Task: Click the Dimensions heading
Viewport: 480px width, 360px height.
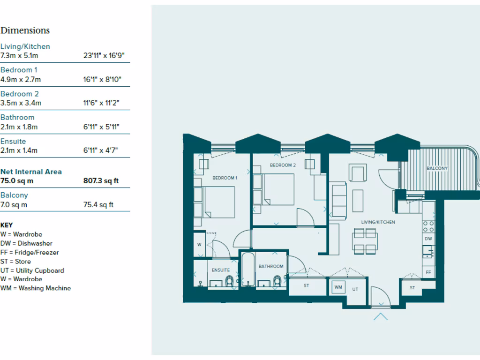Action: coord(25,30)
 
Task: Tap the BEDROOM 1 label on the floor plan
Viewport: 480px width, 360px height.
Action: coord(225,178)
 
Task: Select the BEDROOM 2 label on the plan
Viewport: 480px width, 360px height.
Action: coord(283,165)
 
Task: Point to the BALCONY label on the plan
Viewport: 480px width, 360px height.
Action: coord(437,168)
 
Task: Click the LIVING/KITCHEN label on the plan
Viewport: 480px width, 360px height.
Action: coord(378,222)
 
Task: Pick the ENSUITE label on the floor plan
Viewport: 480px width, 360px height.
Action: coord(221,270)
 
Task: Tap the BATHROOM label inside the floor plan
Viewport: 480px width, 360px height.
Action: coord(271,266)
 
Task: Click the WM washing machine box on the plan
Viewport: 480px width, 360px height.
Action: coord(338,287)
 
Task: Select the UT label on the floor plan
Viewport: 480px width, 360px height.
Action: coord(355,290)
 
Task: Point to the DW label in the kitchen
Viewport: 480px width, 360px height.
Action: coord(428,239)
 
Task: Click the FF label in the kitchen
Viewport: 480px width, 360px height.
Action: coord(428,272)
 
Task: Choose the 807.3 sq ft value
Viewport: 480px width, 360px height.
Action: coord(101,180)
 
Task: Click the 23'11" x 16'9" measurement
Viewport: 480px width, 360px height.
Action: coord(104,55)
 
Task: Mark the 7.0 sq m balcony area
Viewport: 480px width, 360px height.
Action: coord(14,204)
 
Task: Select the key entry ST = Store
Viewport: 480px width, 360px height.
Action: coord(16,262)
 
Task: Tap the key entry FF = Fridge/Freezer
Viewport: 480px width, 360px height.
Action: coord(30,252)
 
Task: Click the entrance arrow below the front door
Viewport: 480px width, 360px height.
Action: coord(381,316)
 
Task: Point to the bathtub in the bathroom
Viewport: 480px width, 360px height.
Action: coord(247,271)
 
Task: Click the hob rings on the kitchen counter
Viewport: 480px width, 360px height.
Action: coord(428,226)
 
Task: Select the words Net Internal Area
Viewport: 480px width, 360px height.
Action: coord(31,172)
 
